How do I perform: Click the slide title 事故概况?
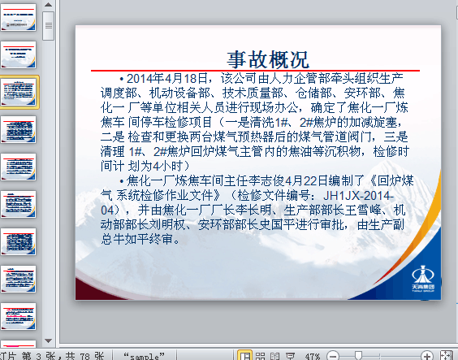click(268, 59)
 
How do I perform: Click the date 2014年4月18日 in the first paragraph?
click(167, 79)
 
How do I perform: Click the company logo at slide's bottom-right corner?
click(421, 276)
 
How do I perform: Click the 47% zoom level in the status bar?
click(312, 356)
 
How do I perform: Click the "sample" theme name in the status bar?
click(145, 356)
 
